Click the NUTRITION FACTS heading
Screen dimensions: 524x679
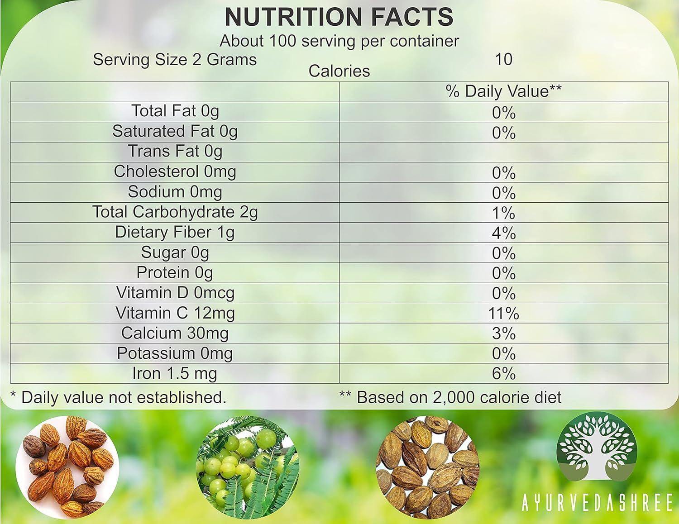[339, 17]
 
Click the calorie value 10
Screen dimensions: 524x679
[503, 59]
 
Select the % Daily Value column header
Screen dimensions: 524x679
[503, 91]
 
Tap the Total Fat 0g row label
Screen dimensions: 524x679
[175, 111]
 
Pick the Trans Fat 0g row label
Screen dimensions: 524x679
[175, 152]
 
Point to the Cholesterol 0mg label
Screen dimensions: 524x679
[175, 171]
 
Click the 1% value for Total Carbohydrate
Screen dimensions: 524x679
[503, 213]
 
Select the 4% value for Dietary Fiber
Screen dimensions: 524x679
[503, 233]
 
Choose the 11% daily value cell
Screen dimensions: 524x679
[503, 313]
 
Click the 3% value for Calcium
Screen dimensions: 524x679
[503, 333]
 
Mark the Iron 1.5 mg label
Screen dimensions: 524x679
[175, 374]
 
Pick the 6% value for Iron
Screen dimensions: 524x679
[503, 374]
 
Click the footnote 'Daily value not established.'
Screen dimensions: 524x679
[119, 397]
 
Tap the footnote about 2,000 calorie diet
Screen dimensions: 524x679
[450, 397]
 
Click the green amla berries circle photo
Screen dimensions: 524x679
[247, 467]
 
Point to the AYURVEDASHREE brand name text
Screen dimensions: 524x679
[597, 503]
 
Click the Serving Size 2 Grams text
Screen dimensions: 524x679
[175, 60]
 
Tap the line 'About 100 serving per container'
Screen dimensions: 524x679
[339, 41]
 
